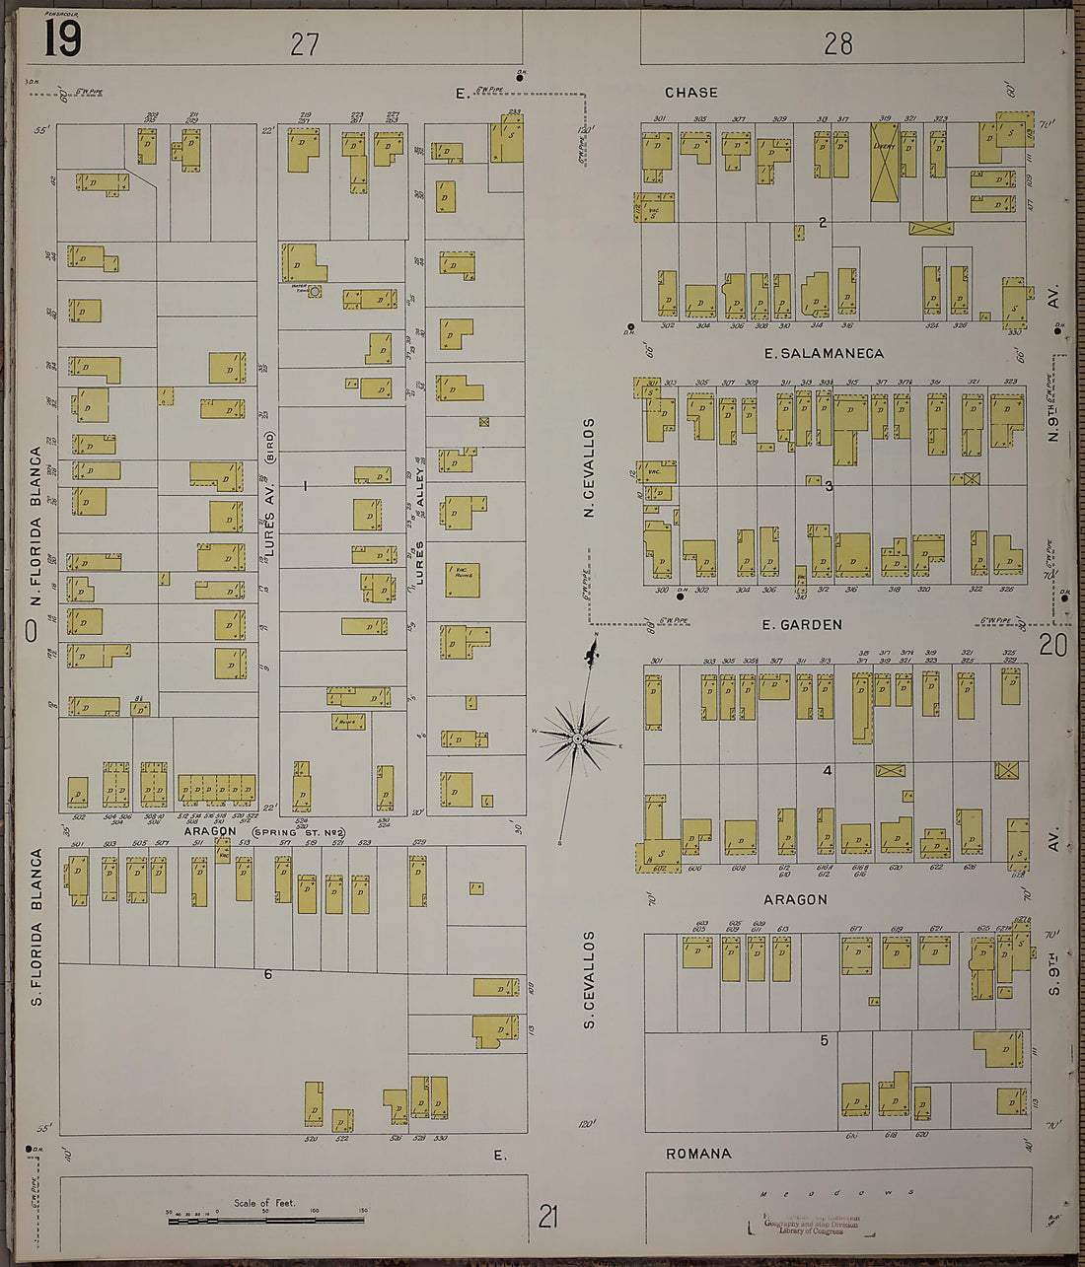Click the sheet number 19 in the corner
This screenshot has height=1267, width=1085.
click(x=62, y=38)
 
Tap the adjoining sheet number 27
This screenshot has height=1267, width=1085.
click(x=305, y=44)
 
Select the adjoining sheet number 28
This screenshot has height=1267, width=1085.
click(x=838, y=43)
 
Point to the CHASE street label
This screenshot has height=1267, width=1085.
click(x=690, y=93)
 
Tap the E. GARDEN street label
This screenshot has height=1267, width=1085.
click(x=802, y=624)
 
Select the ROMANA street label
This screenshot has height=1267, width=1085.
click(x=698, y=1154)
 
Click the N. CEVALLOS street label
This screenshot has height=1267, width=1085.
click(x=589, y=467)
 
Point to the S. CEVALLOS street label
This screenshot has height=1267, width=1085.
click(x=589, y=979)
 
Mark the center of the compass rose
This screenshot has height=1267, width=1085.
click(x=579, y=739)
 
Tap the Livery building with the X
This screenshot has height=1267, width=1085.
click(x=884, y=162)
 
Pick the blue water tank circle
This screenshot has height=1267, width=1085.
click(x=315, y=292)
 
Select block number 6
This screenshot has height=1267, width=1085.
click(x=267, y=974)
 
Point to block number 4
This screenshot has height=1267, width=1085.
click(x=828, y=770)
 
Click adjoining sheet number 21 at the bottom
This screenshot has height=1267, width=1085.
click(x=547, y=1216)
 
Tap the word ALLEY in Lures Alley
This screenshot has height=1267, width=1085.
click(x=419, y=488)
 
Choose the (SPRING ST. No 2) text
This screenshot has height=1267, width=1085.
click(x=293, y=832)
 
